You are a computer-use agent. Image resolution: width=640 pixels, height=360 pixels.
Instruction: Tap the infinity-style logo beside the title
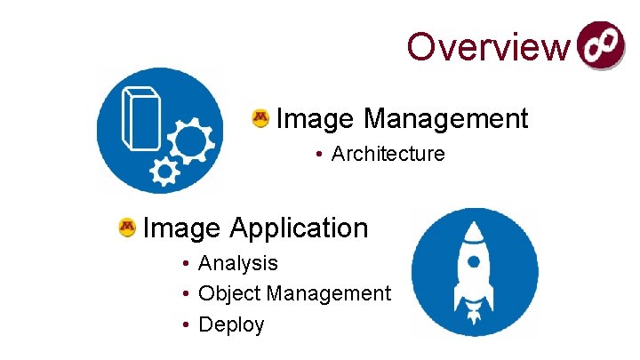(x=602, y=45)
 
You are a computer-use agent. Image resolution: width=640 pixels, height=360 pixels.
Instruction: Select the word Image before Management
(x=316, y=118)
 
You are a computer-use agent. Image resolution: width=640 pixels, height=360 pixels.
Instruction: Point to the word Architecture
(x=388, y=154)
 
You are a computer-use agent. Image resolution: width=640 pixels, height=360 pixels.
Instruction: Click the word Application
(x=299, y=228)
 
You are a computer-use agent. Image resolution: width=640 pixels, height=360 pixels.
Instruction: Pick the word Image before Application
(x=181, y=228)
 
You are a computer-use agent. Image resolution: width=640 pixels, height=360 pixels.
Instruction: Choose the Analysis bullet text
(x=238, y=263)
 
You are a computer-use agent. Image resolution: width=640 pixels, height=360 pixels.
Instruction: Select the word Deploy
(x=231, y=324)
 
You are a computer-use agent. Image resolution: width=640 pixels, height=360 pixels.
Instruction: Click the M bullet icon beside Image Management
(x=260, y=118)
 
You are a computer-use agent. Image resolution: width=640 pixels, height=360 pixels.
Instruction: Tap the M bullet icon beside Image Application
(x=126, y=228)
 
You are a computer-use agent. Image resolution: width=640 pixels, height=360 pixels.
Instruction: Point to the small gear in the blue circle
(x=164, y=172)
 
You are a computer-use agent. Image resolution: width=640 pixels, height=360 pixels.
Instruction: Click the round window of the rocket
(x=475, y=261)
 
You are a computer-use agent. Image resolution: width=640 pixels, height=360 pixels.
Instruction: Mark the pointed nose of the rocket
(x=475, y=227)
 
